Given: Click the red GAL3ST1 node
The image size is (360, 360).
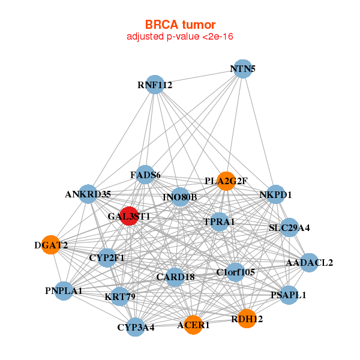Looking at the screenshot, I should pos(130,215).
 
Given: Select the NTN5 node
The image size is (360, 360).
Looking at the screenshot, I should pos(242,68).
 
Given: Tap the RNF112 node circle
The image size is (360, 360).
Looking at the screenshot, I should pos(155,85).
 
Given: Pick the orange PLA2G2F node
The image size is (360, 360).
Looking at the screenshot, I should pos(226,181).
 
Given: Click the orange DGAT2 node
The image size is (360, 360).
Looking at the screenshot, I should pos(51,245).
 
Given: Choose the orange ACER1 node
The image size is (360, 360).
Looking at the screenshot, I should pos(193,325).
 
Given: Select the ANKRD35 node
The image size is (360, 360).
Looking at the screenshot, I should pos(88,194).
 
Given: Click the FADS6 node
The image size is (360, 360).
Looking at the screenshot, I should pos(145,175).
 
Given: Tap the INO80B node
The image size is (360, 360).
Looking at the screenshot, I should pos(180,197).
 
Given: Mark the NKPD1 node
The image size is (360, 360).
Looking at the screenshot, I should pos(275,194).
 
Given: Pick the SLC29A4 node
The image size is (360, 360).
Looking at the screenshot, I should pos(289,227).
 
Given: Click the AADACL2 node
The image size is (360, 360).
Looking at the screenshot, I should pos(309,263).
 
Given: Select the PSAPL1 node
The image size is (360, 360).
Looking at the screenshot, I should pos(289,295).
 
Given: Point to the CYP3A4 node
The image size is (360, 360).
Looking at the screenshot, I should pos(136,327).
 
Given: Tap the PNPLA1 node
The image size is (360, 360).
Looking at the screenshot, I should pos(64,290).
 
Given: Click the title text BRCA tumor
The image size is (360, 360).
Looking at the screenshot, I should pos(180,25).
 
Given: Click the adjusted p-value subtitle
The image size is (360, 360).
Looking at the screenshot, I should pos(180,37).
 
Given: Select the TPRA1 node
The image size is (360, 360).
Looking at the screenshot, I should pos(220,221).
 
